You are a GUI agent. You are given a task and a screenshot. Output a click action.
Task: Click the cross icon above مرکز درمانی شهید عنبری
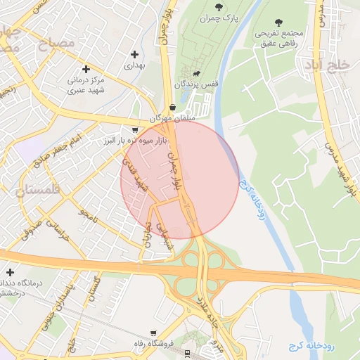tap(86, 69)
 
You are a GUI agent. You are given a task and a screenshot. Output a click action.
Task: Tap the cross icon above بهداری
tap(134, 54)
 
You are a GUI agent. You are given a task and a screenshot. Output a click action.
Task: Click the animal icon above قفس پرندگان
tap(196, 74)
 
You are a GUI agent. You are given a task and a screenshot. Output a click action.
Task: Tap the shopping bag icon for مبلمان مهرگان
tap(173, 108)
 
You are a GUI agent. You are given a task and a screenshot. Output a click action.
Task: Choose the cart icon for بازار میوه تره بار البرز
tap(135, 130)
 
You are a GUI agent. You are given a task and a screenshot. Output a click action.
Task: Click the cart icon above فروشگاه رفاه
tap(153, 333)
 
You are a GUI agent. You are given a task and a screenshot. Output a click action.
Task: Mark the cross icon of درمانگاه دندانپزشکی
tap(9, 272)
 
